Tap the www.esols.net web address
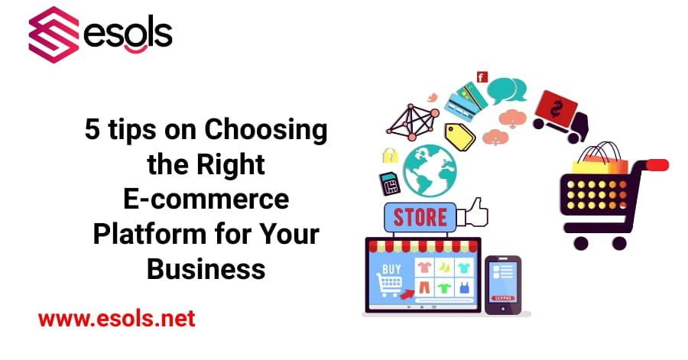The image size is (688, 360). pos(116,318)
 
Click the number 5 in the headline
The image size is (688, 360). pos(92,131)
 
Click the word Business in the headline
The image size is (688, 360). pos(206,269)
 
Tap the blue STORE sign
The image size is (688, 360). pos(419,217)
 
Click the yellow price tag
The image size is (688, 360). pos(459,135)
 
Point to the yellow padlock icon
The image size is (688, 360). pos(390,155)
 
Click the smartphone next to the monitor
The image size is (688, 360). pos(502,284)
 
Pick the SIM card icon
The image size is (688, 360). pos(389,184)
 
